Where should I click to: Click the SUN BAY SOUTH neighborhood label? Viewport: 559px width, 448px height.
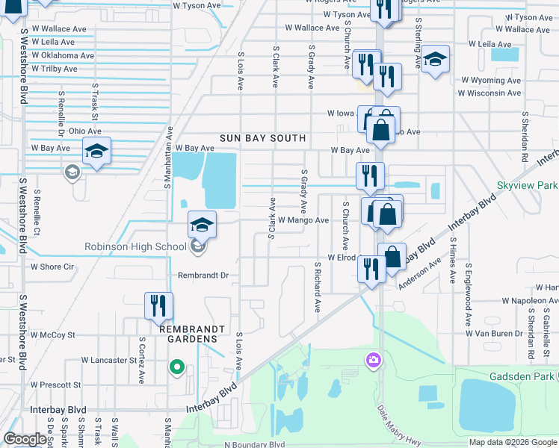pos(263,138)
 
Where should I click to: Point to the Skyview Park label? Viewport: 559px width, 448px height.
pos(531,184)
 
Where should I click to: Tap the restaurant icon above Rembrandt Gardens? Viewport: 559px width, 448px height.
pos(158,305)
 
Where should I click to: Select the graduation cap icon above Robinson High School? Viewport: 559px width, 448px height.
pos(202,224)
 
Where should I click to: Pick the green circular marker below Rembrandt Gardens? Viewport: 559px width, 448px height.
pos(177,367)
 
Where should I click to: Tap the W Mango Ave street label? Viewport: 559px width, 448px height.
pos(303,220)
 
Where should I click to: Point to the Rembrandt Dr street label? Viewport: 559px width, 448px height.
pos(202,275)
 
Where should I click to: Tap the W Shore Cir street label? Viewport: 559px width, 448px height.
pos(52,267)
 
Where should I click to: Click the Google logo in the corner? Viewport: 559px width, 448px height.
pos(25,439)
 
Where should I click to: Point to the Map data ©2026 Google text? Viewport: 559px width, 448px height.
pos(512,442)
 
